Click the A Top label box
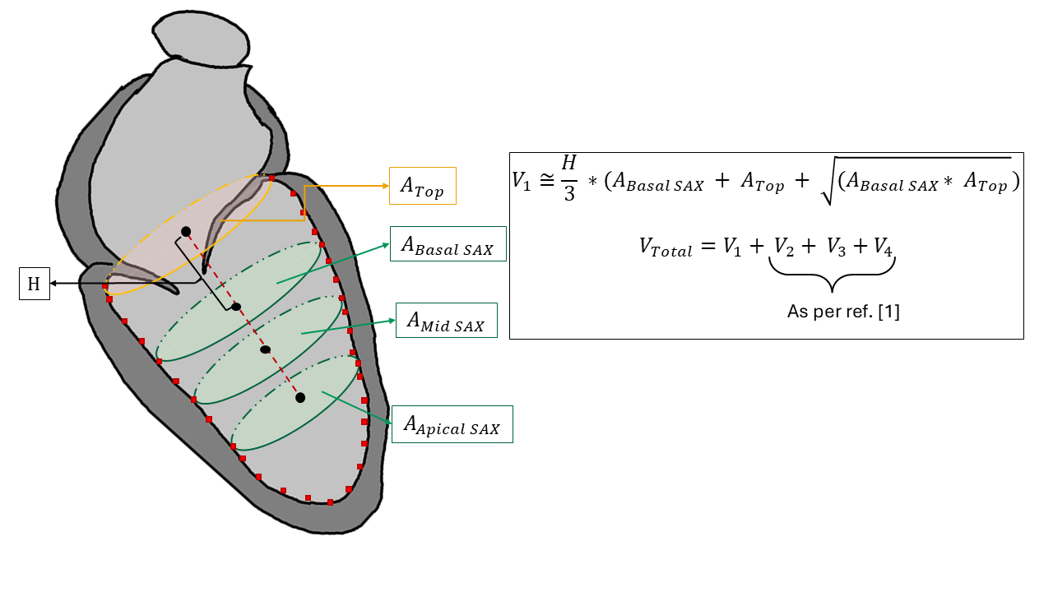pyautogui.click(x=422, y=187)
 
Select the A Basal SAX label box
pyautogui.click(x=448, y=244)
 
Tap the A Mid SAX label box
pyautogui.click(x=447, y=321)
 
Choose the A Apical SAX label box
pyautogui.click(x=452, y=424)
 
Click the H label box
pyautogui.click(x=34, y=284)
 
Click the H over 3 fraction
pyautogui.click(x=569, y=181)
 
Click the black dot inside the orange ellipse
pyautogui.click(x=186, y=232)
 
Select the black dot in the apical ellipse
pyautogui.click(x=300, y=398)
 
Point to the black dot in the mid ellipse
pyautogui.click(x=265, y=349)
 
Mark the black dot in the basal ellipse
pyautogui.click(x=236, y=307)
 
